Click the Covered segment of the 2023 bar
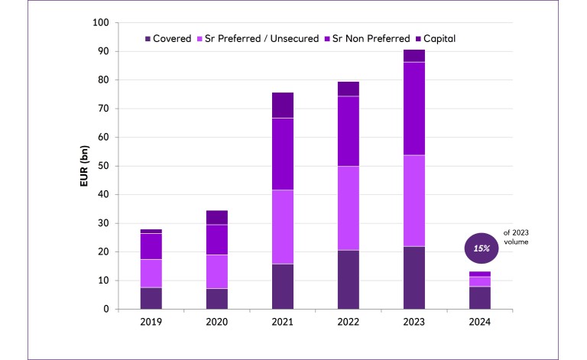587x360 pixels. [414, 277]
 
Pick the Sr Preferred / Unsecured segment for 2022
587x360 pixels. [348, 208]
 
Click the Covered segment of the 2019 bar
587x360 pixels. [151, 298]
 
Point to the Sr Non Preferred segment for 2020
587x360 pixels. [216, 239]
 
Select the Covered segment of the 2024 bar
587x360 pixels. [480, 297]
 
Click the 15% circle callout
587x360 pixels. [481, 248]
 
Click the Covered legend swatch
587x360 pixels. [148, 38]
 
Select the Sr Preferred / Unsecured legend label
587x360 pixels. [257, 38]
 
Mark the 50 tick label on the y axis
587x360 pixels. [102, 166]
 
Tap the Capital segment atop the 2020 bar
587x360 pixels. [216, 217]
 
